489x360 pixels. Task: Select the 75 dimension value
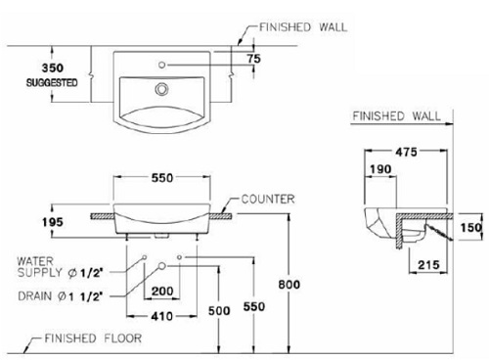click(255, 59)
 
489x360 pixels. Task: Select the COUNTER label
click(264, 199)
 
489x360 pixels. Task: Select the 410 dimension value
click(161, 316)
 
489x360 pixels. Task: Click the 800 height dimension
click(310, 284)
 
